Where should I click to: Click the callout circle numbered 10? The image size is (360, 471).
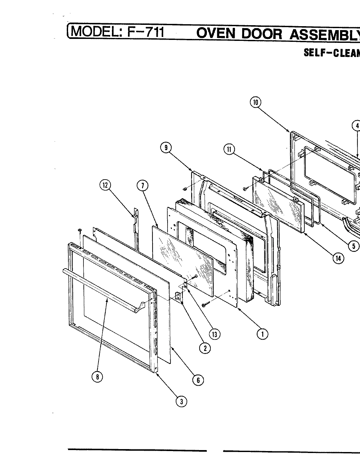(255, 102)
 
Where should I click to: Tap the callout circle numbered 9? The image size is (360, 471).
(166, 148)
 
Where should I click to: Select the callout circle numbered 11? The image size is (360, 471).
(229, 149)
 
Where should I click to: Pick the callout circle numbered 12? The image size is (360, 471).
(105, 185)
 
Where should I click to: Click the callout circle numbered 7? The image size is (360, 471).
(142, 186)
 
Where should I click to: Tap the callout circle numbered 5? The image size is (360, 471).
(353, 246)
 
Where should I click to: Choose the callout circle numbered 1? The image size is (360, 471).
(262, 334)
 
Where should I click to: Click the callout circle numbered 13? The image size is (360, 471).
(215, 334)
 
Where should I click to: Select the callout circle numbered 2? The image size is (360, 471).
(205, 348)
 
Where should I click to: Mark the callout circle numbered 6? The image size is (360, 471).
(198, 380)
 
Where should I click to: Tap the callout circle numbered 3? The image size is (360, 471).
(181, 401)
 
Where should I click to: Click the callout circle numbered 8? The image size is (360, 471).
(97, 377)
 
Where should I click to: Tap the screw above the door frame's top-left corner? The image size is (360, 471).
(80, 231)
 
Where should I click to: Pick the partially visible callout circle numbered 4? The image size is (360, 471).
(357, 126)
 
